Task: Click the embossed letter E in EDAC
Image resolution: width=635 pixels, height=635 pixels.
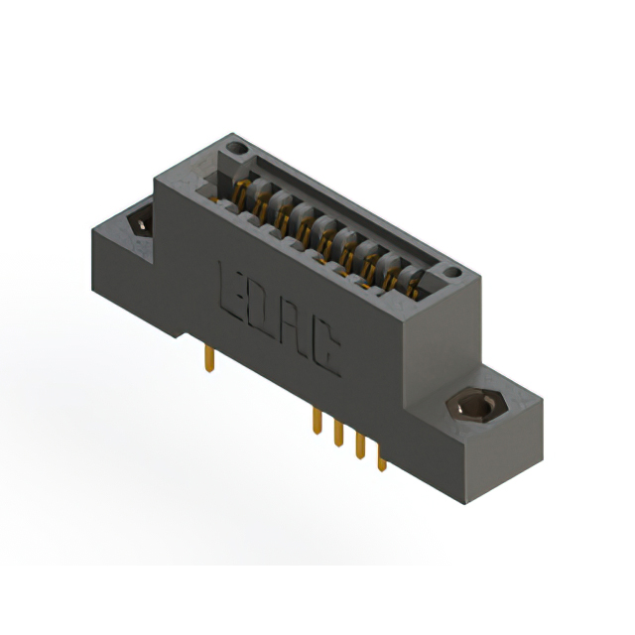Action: [x=229, y=289]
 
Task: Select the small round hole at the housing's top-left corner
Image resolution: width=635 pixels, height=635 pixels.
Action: [x=236, y=151]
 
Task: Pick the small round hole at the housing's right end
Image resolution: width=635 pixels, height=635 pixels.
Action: [x=451, y=272]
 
